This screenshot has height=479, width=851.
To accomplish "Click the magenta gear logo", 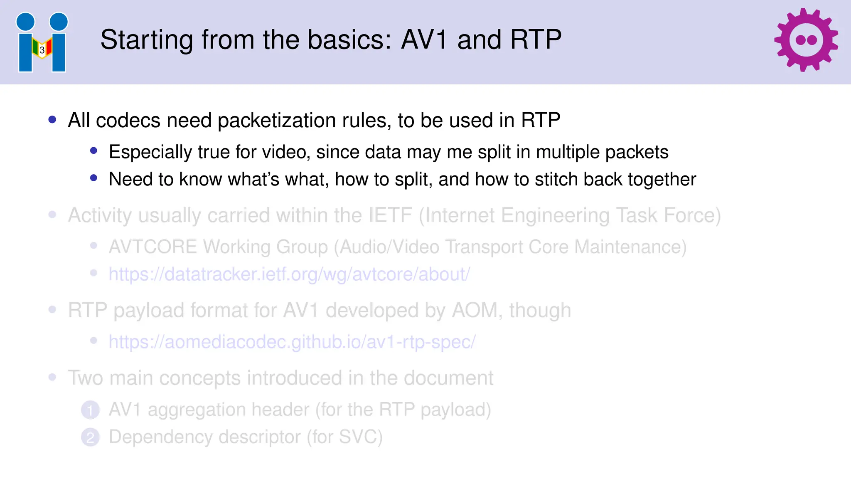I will (806, 40).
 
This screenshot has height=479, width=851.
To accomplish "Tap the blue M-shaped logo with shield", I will (42, 42).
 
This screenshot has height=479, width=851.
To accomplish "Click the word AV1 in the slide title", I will (424, 40).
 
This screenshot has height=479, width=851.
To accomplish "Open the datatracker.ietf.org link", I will (289, 274).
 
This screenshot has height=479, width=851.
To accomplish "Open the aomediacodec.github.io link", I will (292, 342).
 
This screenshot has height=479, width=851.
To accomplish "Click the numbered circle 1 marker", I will (90, 410).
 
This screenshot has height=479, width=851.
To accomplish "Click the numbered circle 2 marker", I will (90, 437).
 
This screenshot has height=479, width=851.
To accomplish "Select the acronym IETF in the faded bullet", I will (390, 215).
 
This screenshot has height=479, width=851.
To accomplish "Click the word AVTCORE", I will (152, 247).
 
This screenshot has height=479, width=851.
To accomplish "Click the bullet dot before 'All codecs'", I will (52, 120).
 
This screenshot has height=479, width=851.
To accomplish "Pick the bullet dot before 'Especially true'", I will (94, 151).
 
